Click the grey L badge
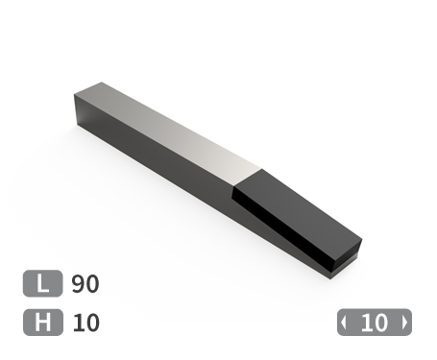tap(42, 284)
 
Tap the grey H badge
tap(42, 323)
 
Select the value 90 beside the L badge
tap(85, 284)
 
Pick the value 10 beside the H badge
tap(85, 323)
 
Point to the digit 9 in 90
tap(79, 284)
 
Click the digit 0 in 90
tap(92, 284)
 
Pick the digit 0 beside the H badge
tap(92, 323)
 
